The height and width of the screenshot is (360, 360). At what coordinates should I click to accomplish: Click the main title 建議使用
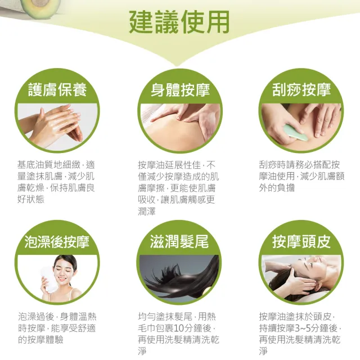click(179, 22)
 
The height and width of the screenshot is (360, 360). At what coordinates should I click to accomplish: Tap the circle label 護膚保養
click(57, 89)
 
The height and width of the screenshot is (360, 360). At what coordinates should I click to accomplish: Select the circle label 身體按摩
click(180, 89)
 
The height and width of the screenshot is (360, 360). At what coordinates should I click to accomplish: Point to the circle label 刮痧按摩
click(301, 89)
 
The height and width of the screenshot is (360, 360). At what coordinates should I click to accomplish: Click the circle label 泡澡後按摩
click(57, 242)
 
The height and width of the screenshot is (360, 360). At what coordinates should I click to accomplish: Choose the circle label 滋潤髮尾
click(179, 242)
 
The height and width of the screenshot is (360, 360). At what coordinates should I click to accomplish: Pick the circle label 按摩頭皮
click(301, 242)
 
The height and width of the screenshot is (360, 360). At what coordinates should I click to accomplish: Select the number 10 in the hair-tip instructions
click(179, 328)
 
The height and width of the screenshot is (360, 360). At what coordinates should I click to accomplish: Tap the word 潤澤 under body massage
click(147, 211)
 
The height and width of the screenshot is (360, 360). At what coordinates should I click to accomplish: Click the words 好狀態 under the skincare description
click(31, 199)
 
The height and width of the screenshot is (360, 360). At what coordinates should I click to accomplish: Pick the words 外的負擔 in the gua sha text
click(277, 188)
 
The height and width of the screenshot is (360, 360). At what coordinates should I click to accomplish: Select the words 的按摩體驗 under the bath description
click(40, 340)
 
